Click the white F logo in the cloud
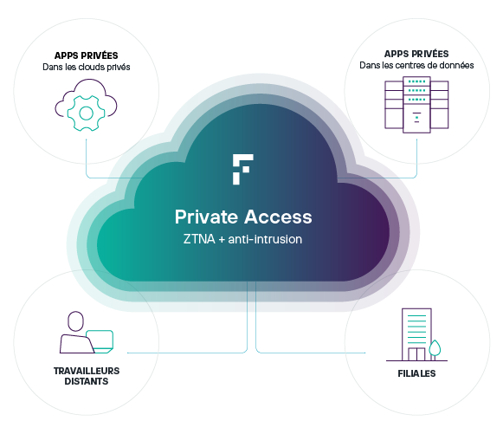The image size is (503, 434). tap(242, 170)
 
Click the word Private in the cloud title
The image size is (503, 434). tap(205, 217)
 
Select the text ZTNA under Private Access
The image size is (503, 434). tap(199, 239)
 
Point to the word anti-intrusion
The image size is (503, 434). tap(265, 239)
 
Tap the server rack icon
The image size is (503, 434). tap(416, 105)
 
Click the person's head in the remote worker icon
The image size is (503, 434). tap(75, 321)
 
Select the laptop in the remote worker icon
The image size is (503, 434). tap(100, 341)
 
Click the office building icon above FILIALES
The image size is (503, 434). tap(416, 334)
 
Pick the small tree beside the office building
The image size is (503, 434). tap(435, 349)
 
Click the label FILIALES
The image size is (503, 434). tap(416, 373)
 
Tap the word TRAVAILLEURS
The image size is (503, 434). tap(87, 371)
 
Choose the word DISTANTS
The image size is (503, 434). tap(87, 381)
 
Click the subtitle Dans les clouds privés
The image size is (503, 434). tap(87, 67)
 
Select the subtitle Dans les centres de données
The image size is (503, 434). tap(416, 66)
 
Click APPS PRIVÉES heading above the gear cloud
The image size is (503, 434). tap(87, 55)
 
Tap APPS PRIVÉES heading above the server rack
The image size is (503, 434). tap(416, 54)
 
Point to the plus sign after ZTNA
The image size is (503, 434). tap(222, 240)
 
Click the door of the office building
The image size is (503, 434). tap(416, 354)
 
